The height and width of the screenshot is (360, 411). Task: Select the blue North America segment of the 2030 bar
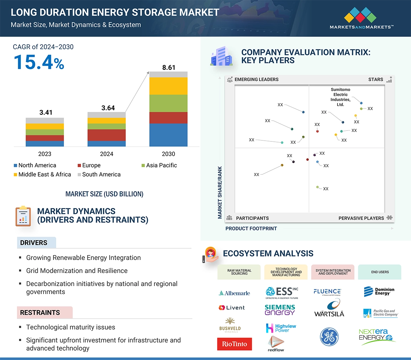tap(168, 135)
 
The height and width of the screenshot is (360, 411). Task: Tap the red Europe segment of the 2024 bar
tap(106, 135)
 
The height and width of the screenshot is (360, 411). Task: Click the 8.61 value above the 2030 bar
tap(169, 67)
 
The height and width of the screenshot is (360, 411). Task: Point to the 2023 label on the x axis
tap(45, 154)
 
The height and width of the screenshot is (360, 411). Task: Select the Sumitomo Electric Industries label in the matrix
tap(340, 97)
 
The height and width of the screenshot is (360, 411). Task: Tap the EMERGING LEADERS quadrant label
tap(256, 79)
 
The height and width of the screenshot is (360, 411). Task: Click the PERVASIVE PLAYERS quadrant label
tap(361, 218)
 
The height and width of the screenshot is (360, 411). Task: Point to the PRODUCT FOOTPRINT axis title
tap(251, 228)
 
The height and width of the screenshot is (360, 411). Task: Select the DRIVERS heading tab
tap(34, 243)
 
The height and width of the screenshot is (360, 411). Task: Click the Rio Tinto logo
tap(234, 344)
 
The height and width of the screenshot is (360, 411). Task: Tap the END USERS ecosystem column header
tap(380, 272)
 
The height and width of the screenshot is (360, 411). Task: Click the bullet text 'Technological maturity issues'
tap(71, 327)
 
